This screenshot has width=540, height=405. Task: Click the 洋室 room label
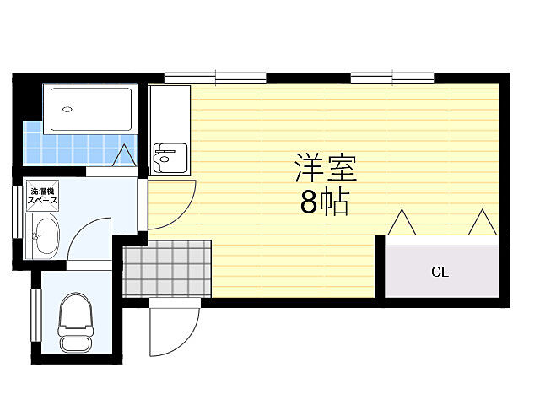tap(326, 168)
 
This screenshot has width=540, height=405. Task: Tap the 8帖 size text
tap(325, 203)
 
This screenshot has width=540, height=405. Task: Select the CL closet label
tap(440, 272)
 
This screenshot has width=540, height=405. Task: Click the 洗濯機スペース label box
tap(43, 197)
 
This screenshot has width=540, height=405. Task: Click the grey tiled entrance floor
tap(166, 268)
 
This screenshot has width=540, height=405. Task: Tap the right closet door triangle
tap(483, 223)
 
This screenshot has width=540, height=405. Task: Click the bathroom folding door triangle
tap(123, 155)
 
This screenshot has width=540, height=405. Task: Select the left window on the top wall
tap(215, 78)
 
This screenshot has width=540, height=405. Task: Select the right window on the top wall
tap(392, 78)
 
